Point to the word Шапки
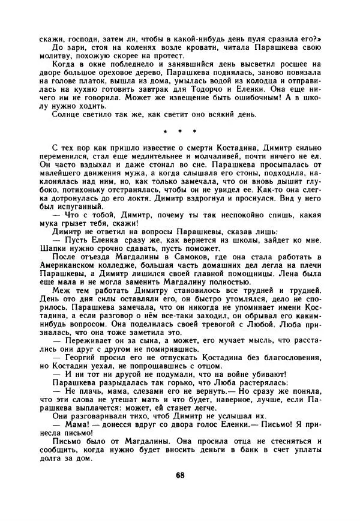pos(52,232)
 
